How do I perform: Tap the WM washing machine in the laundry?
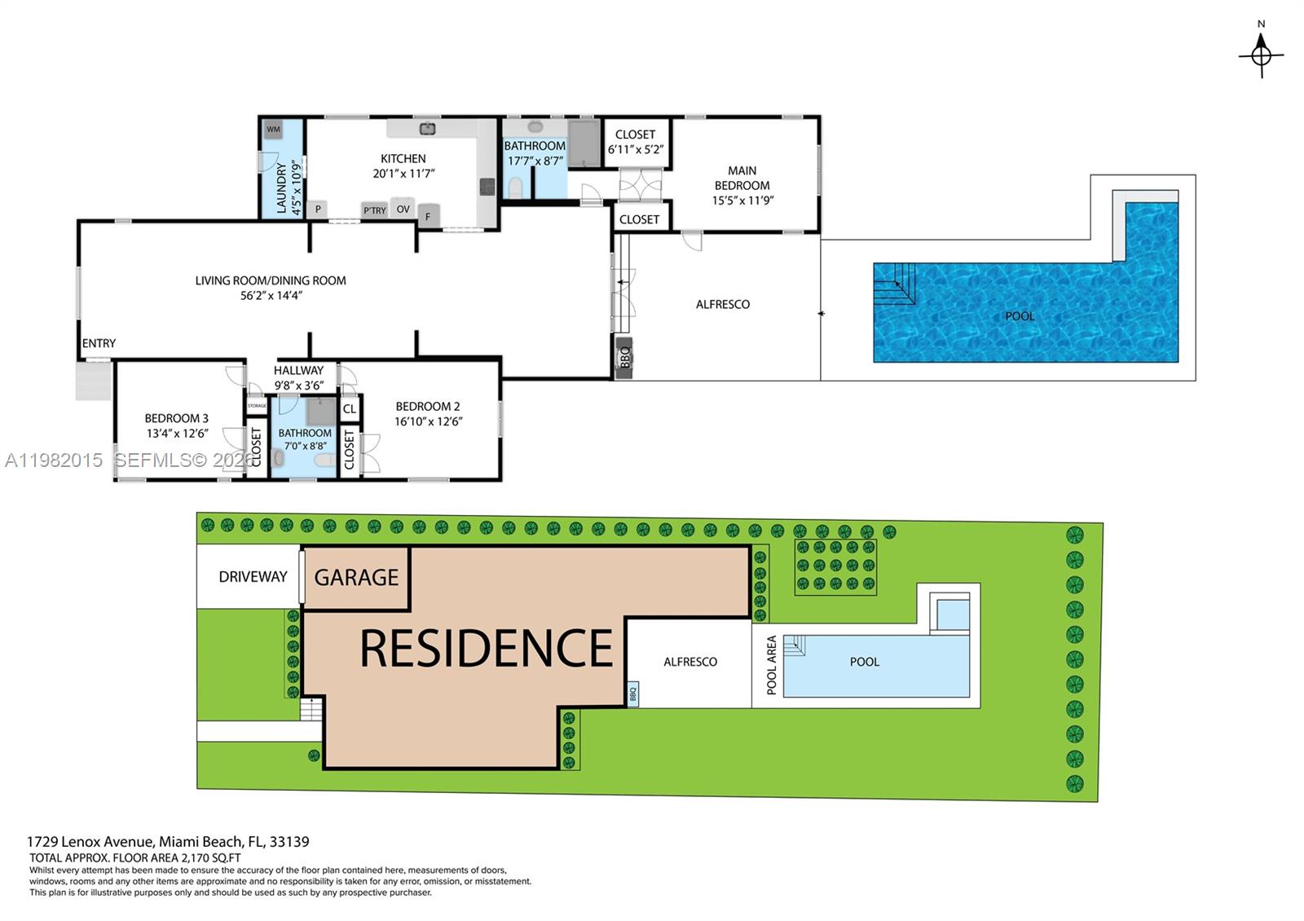273,130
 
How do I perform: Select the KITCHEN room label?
403,159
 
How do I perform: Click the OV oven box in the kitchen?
403,209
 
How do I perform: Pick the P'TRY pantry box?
374,210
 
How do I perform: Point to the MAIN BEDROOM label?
742,178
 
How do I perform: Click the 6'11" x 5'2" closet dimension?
636,150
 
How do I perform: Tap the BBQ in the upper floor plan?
624,356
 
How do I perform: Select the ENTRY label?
99,343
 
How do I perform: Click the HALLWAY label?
298,370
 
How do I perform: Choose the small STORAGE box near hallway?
257,405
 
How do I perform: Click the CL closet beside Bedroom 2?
350,409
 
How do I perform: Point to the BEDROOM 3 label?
176,418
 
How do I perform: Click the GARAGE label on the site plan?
356,577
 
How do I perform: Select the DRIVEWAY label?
253,576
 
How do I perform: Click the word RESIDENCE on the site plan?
486,649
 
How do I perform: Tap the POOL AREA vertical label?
771,664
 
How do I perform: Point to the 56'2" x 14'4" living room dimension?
271,296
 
